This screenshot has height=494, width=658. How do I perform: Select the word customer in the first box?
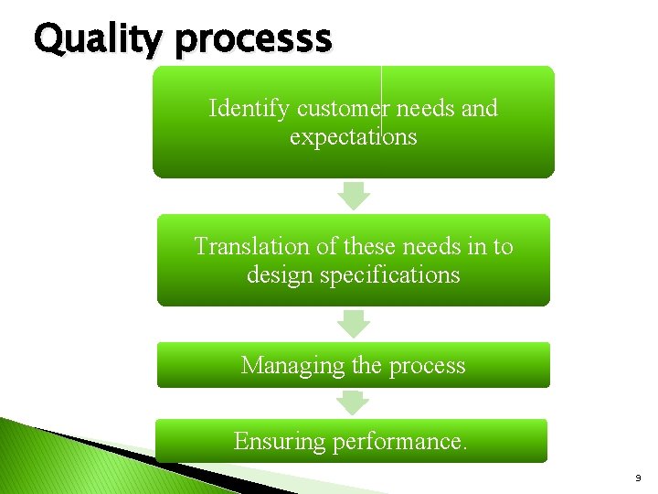tap(341, 109)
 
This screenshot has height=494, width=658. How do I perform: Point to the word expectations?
tap(353, 137)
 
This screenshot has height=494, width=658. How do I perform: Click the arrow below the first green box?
tap(354, 196)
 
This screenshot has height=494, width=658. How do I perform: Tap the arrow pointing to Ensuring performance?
tap(354, 403)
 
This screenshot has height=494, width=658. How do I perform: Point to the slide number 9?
tap(638, 478)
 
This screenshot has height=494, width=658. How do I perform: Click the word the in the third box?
tap(366, 366)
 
